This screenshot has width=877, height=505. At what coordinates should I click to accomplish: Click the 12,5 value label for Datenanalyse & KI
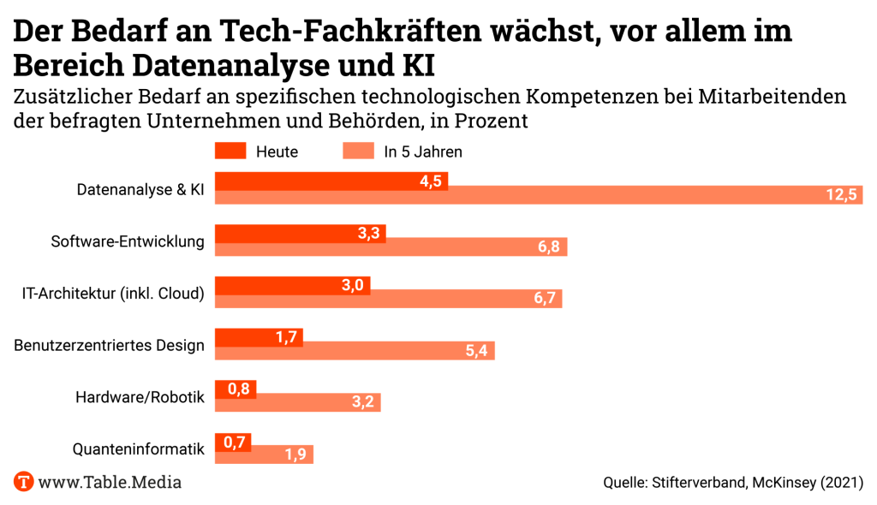click(x=841, y=195)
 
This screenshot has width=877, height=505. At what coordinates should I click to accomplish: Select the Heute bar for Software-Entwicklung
click(x=300, y=233)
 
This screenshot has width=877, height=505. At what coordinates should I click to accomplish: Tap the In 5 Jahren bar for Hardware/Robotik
click(x=297, y=402)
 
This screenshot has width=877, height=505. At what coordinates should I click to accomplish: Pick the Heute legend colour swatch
click(x=230, y=151)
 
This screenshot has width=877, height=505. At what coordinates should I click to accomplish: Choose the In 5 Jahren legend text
click(x=423, y=152)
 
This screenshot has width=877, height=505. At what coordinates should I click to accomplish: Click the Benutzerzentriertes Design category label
click(x=110, y=346)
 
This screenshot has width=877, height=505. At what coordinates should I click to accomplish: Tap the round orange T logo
click(x=24, y=481)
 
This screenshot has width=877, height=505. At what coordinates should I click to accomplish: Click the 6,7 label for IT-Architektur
click(x=546, y=299)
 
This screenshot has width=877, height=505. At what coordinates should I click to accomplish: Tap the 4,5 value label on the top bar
click(x=430, y=181)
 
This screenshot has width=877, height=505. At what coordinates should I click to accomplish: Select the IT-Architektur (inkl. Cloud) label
click(x=113, y=294)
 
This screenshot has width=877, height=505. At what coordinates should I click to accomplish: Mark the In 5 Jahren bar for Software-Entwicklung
click(x=391, y=247)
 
